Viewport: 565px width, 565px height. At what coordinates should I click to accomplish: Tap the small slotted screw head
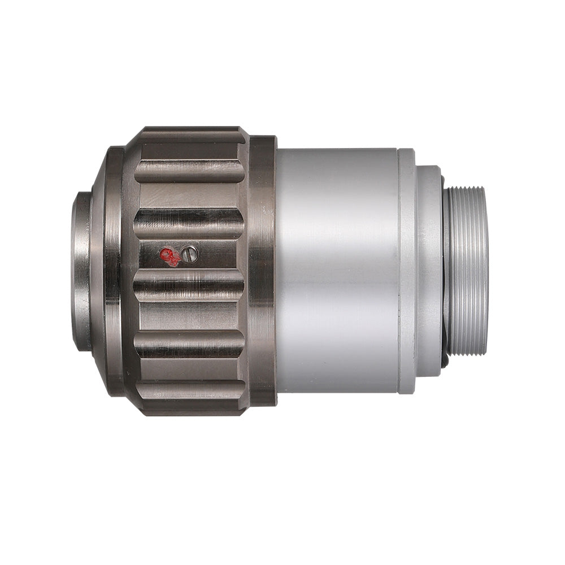pos(190,254)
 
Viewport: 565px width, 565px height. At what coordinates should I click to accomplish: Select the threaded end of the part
pos(467,271)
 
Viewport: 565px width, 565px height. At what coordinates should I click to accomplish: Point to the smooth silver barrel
pos(337,271)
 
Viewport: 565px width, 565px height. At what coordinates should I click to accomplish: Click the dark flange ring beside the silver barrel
pos(262,271)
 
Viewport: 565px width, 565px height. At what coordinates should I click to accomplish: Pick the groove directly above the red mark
pos(189,223)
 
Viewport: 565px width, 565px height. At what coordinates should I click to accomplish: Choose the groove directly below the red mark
pos(189,282)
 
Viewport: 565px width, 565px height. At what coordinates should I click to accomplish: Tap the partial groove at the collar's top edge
pos(189,135)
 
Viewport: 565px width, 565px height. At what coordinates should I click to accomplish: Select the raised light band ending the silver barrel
pos(406,271)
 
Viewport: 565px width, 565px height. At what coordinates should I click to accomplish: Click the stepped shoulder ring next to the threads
pos(429,271)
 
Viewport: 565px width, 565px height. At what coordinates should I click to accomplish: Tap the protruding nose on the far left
pos(81,271)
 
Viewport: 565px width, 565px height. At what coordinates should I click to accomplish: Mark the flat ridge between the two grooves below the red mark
pos(189,314)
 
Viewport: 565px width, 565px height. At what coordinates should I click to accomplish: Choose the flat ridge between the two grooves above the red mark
pos(189,196)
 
